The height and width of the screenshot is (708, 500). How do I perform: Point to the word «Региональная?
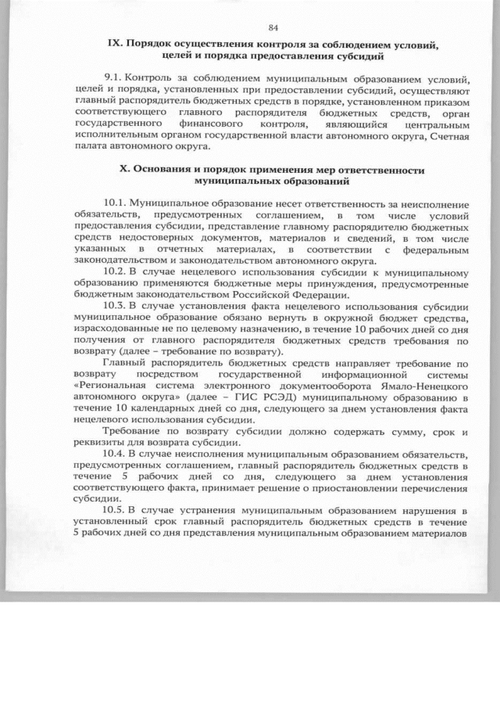coord(110,386)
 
